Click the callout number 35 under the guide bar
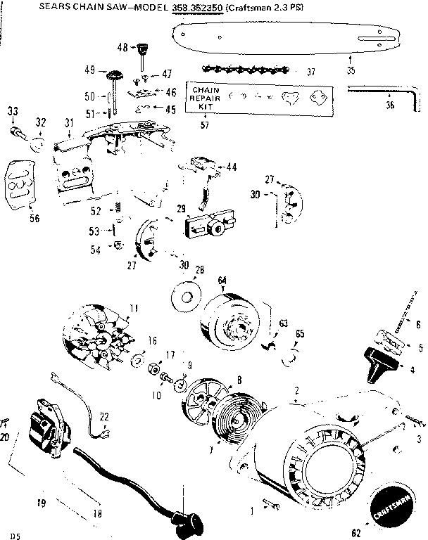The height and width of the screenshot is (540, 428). [x=351, y=70]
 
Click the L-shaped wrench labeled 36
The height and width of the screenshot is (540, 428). [x=373, y=94]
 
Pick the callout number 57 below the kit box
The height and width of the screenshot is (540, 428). [x=205, y=124]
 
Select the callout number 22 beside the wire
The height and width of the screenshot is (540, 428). [x=104, y=416]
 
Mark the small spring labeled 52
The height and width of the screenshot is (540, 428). [x=118, y=209]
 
